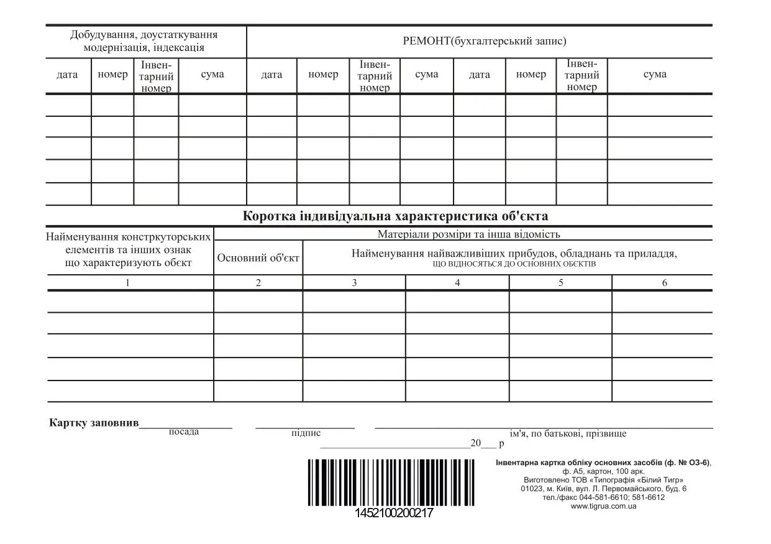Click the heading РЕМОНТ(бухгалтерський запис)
[484, 42]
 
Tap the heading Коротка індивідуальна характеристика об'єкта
[395, 216]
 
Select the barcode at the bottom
[390, 482]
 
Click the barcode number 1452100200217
[394, 514]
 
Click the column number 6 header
[664, 283]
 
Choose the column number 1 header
[128, 283]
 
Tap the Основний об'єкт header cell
[258, 257]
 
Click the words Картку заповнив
[94, 423]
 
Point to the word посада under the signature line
[184, 432]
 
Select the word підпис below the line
[306, 433]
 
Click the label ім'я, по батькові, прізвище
[568, 434]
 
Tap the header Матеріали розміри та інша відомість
[468, 234]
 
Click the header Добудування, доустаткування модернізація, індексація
[144, 41]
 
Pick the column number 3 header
[354, 283]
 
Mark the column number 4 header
[457, 283]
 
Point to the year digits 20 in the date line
[476, 443]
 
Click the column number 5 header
[560, 283]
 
